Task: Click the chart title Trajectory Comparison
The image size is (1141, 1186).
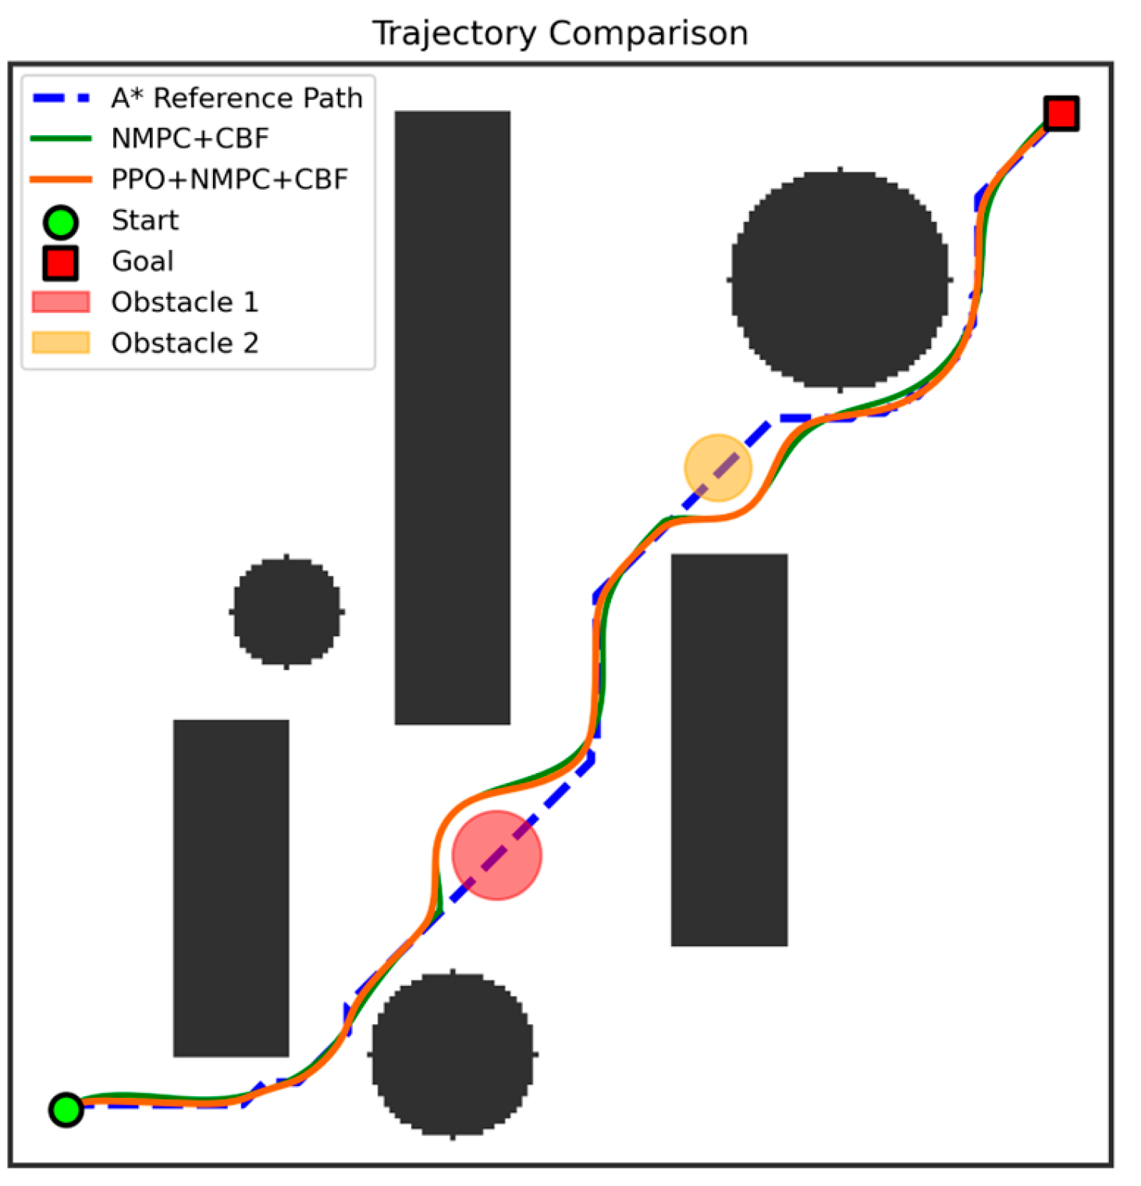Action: click(x=560, y=34)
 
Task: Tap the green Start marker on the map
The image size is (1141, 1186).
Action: click(x=66, y=1109)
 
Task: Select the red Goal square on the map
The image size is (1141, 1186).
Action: click(x=1061, y=113)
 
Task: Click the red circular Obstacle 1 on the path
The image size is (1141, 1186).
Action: click(x=496, y=855)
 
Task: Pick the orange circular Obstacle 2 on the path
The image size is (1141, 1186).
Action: click(x=718, y=468)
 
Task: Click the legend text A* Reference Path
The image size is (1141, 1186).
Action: click(x=237, y=98)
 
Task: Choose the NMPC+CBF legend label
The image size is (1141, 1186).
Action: click(x=190, y=139)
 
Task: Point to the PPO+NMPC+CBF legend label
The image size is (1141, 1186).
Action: click(x=229, y=180)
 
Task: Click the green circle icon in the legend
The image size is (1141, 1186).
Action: click(x=61, y=222)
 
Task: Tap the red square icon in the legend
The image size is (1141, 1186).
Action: click(x=61, y=262)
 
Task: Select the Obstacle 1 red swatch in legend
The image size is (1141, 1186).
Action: click(x=61, y=302)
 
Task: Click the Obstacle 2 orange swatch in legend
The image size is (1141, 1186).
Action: click(x=61, y=343)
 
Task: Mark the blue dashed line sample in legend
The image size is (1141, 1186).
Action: click(x=61, y=98)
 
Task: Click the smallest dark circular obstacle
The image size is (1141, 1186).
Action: click(x=287, y=611)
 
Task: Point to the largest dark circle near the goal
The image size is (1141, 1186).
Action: click(x=840, y=279)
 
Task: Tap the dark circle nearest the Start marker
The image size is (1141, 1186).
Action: click(x=453, y=1054)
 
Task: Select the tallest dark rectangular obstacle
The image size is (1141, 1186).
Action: click(x=453, y=418)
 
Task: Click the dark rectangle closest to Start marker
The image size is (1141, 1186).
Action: click(x=231, y=888)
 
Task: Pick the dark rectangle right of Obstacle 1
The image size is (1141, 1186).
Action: click(x=729, y=750)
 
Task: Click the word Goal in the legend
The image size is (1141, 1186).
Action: click(x=143, y=262)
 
